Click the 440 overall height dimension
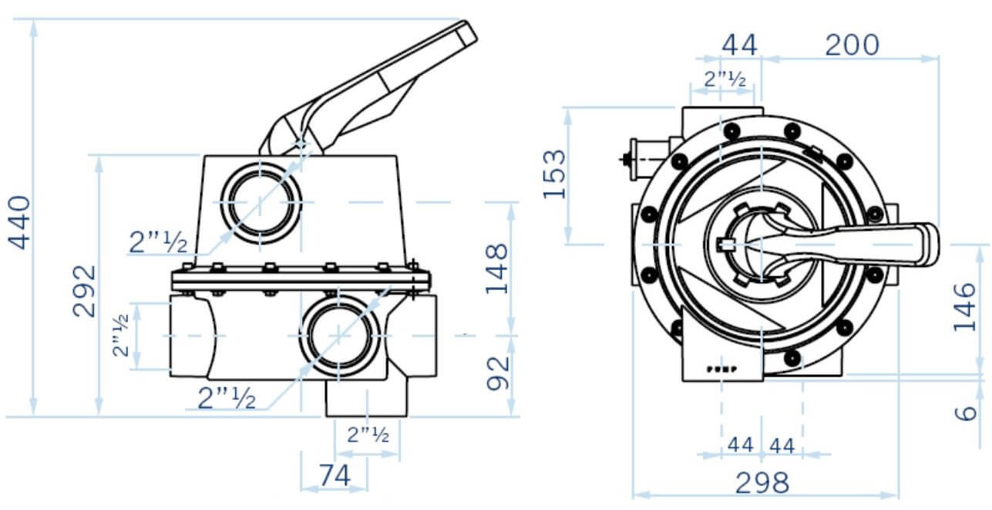click(x=21, y=223)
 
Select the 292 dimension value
click(x=85, y=291)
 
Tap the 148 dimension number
click(x=499, y=269)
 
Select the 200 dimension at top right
click(x=851, y=46)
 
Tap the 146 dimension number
click(x=965, y=307)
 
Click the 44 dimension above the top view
click(x=739, y=46)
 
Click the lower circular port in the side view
click(x=338, y=335)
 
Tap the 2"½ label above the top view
click(x=725, y=79)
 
